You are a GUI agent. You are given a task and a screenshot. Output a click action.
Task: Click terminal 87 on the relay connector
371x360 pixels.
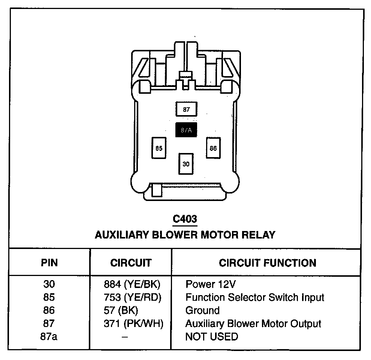pyautogui.click(x=186, y=109)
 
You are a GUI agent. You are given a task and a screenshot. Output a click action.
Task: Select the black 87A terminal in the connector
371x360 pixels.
pyautogui.click(x=186, y=130)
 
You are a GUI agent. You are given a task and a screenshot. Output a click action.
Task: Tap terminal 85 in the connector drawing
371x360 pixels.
pyautogui.click(x=159, y=148)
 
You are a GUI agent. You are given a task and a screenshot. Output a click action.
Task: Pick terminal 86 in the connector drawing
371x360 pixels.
pyautogui.click(x=213, y=148)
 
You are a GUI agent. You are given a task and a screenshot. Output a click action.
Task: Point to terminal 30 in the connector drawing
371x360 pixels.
pyautogui.click(x=186, y=164)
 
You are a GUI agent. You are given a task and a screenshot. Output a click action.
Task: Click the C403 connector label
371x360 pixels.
pyautogui.click(x=185, y=219)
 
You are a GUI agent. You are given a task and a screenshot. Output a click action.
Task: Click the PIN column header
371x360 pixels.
pyautogui.click(x=49, y=263)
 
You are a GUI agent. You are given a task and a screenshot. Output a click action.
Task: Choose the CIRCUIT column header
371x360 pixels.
pyautogui.click(x=131, y=263)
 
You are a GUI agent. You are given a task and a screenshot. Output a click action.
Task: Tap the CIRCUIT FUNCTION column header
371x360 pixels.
pyautogui.click(x=268, y=263)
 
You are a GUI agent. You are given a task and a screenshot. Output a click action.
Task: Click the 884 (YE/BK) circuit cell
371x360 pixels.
pyautogui.click(x=132, y=284)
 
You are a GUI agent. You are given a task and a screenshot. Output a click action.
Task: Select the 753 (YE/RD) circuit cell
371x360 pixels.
pyautogui.click(x=132, y=297)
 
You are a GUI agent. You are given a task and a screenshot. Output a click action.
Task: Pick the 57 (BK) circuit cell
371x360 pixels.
pyautogui.click(x=121, y=310)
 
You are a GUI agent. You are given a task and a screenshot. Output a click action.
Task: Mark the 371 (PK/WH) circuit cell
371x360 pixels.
pyautogui.click(x=133, y=324)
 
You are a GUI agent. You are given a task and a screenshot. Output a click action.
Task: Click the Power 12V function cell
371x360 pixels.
pyautogui.click(x=210, y=284)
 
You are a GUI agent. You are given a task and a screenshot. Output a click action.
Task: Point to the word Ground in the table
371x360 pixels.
pyautogui.click(x=202, y=310)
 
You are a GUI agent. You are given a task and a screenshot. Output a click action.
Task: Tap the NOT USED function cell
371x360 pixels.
pyautogui.click(x=212, y=337)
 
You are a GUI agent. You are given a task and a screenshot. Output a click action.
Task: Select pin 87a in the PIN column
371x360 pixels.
pyautogui.click(x=49, y=337)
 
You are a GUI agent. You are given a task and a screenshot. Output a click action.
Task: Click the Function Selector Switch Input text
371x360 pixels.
pyautogui.click(x=255, y=297)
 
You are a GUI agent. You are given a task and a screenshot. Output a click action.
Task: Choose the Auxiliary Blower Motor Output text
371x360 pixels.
pyautogui.click(x=253, y=324)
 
